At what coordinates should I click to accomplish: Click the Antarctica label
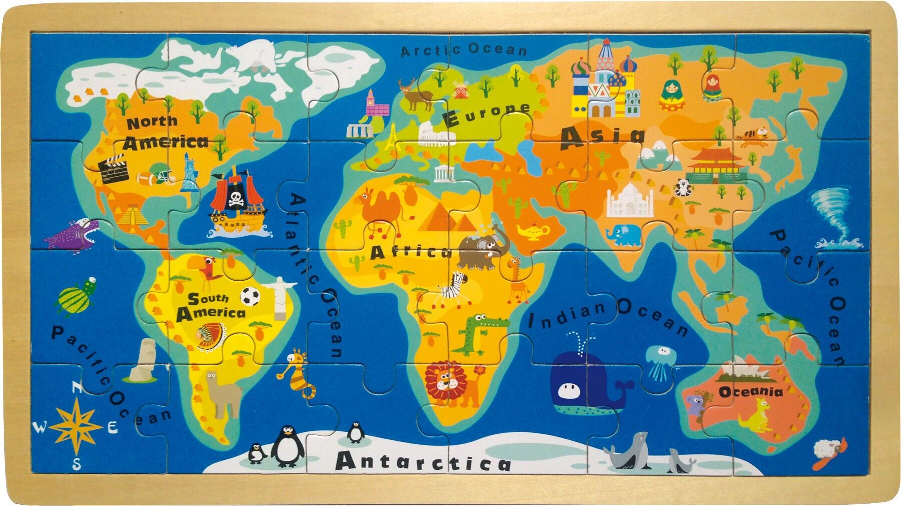(x=423, y=460)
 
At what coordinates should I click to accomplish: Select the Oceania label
(x=750, y=391)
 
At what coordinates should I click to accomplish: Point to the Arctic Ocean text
(x=464, y=50)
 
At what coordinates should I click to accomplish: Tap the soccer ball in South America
(x=250, y=296)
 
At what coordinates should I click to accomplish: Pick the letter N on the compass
(x=77, y=387)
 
